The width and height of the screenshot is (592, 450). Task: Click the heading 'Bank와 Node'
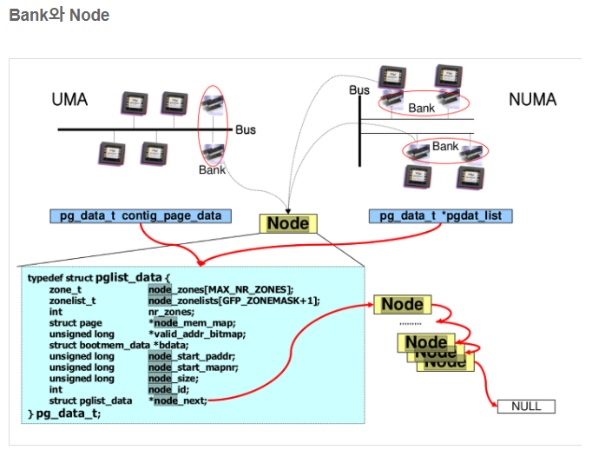click(x=59, y=16)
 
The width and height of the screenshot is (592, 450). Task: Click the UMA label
click(x=69, y=99)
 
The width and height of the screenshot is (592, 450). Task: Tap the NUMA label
click(x=532, y=99)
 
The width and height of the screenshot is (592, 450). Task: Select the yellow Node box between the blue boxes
click(x=287, y=223)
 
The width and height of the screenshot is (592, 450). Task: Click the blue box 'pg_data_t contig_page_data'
click(x=141, y=215)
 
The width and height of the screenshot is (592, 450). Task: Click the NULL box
click(x=525, y=407)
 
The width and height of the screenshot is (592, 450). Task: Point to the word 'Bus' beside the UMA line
click(x=246, y=129)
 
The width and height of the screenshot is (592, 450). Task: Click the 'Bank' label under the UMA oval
click(x=212, y=169)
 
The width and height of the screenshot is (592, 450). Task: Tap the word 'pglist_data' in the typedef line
click(x=137, y=277)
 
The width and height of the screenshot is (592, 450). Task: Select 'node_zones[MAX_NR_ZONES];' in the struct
click(x=220, y=289)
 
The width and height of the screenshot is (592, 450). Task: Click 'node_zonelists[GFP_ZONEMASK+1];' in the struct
click(x=234, y=301)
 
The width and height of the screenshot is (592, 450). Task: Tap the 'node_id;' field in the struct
click(x=170, y=389)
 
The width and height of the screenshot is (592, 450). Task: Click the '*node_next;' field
click(x=178, y=400)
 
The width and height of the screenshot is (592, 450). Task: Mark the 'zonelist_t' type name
click(x=71, y=301)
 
